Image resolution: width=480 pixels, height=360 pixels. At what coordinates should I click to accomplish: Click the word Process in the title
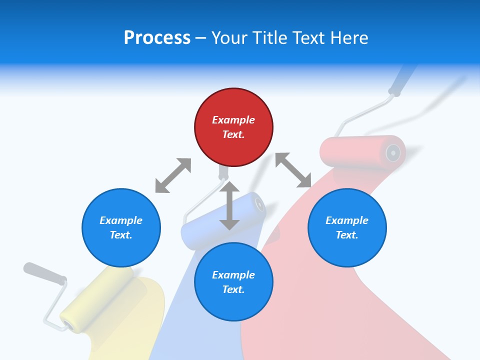[157, 38]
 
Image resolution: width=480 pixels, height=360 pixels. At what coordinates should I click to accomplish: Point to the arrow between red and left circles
[173, 175]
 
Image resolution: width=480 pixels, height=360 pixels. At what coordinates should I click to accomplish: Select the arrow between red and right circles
[293, 170]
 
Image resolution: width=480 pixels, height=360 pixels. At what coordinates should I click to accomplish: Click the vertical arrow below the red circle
[229, 205]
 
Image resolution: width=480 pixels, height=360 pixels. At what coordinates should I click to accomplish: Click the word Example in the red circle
[233, 120]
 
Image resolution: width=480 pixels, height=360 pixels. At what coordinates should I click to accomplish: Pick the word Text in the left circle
[121, 235]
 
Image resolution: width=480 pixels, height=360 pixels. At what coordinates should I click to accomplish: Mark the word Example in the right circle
[347, 220]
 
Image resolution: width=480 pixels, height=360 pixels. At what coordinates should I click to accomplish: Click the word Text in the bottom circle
[233, 289]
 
